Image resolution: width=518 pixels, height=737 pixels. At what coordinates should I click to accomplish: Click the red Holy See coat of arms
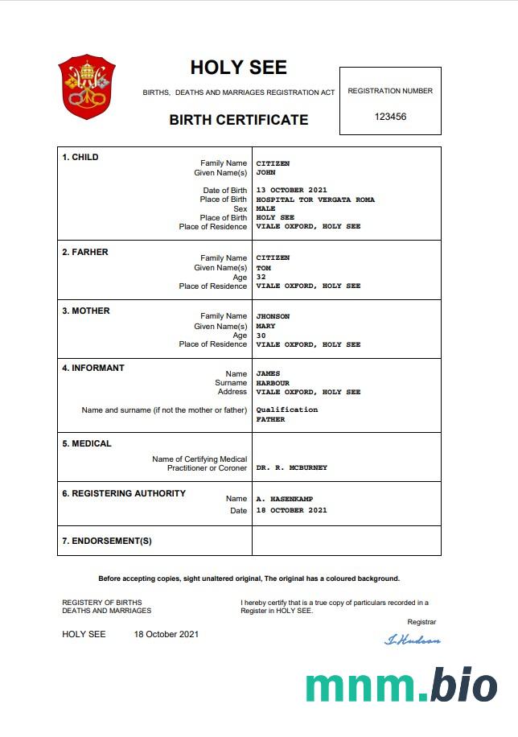87,87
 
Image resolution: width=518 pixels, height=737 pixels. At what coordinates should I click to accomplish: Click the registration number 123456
390,117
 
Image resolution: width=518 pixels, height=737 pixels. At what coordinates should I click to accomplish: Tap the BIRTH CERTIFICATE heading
238,120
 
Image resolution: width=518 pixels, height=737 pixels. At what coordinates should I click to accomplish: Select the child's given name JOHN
265,172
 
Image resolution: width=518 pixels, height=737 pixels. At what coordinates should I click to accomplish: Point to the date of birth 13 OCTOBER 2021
292,190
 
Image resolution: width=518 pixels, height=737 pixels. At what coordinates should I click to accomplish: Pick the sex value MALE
265,208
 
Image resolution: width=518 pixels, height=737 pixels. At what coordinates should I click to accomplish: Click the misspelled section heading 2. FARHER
85,252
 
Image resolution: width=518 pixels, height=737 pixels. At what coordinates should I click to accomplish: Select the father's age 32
261,277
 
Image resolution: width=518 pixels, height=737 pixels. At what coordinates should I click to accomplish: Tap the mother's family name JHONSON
273,316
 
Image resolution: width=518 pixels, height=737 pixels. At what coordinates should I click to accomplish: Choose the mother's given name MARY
265,326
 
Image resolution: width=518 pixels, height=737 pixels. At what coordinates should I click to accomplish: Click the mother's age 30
261,336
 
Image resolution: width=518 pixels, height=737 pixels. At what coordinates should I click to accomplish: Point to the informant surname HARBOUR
273,383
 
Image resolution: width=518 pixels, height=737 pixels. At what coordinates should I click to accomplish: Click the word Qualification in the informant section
287,410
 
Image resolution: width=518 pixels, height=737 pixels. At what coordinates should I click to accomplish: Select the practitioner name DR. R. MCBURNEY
292,467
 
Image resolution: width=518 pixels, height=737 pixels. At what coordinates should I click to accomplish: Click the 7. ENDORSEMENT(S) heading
107,541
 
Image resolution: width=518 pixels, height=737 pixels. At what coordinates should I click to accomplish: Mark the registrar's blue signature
413,640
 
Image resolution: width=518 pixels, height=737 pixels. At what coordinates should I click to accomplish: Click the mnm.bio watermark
401,686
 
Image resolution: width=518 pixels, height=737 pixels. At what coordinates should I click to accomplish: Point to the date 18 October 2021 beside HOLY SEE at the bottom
166,634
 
